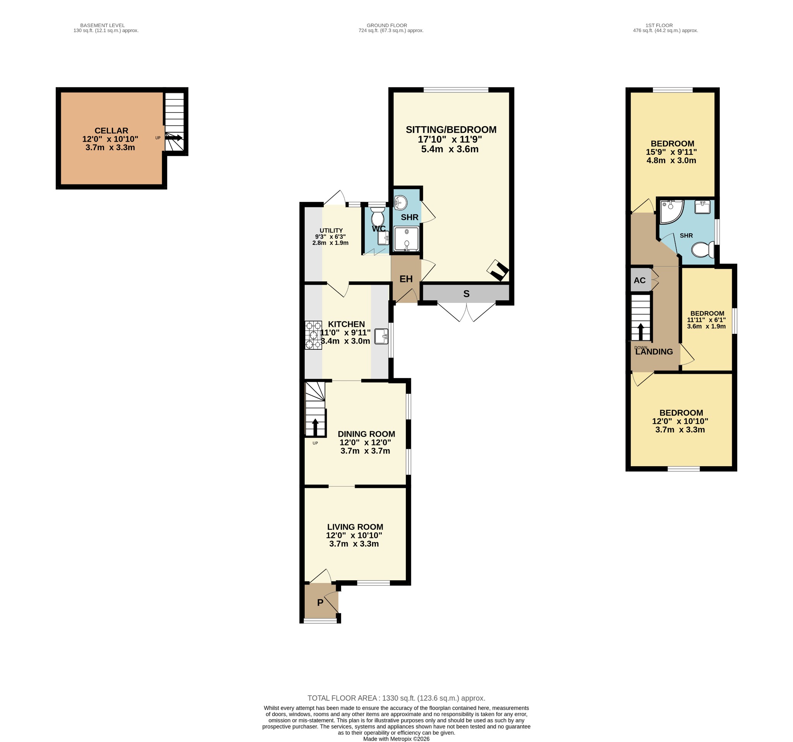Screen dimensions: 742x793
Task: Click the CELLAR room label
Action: [x=111, y=131]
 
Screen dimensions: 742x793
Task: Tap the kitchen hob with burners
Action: [x=313, y=335]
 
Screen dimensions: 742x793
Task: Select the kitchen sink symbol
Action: [x=381, y=336]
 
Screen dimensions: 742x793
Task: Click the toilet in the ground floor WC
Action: [x=377, y=217]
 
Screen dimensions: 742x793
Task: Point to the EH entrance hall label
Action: [x=406, y=279]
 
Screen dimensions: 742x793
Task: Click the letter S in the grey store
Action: [x=466, y=294]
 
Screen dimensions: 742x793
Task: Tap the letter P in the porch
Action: [x=320, y=602]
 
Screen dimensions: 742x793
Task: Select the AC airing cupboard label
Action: [x=639, y=280]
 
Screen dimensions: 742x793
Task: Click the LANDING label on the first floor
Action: [x=654, y=352]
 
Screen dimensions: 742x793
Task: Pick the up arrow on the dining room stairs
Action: [x=315, y=427]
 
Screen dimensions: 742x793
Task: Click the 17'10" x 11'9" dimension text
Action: [x=450, y=140]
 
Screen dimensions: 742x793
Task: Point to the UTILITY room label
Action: [x=331, y=230]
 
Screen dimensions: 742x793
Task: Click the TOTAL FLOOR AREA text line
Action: [x=396, y=698]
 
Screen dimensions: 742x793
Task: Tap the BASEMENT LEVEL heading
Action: [x=103, y=25]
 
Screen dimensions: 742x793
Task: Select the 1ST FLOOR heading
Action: [x=659, y=25]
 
